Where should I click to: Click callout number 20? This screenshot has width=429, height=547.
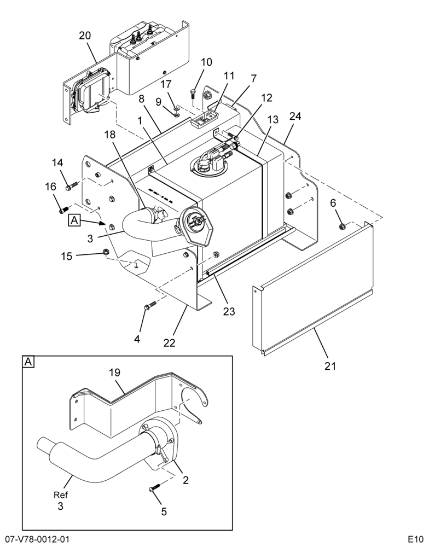[x=85, y=36]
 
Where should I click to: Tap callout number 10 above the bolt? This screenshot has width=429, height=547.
[x=206, y=62]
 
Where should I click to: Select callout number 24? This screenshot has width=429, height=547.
[x=294, y=116]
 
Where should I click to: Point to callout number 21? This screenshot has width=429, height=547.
[x=330, y=366]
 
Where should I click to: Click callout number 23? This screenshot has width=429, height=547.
[x=229, y=311]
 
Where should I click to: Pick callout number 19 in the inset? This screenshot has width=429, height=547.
[x=114, y=373]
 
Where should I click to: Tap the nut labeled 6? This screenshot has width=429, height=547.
[x=342, y=227]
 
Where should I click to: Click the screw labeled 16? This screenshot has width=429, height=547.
[x=63, y=210]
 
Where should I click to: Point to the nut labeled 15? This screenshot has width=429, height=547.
[x=105, y=251]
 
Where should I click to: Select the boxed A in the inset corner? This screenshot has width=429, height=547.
[x=28, y=362]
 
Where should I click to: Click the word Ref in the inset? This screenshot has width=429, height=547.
[x=61, y=494]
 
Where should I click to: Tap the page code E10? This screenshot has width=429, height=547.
[x=417, y=539]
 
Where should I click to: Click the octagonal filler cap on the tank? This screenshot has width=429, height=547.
[x=195, y=224]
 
